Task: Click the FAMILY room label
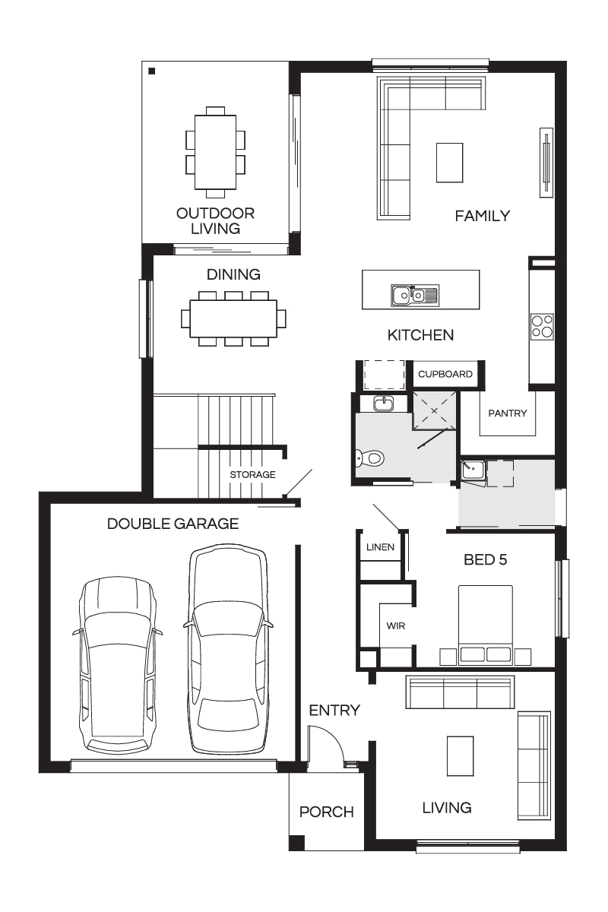pos(482,216)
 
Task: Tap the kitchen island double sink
pos(415,295)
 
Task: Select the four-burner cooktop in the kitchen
pos(542,327)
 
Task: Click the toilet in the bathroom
pos(370,458)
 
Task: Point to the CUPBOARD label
pos(445,374)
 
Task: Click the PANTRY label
pos(508,413)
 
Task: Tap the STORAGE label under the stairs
pos(252,474)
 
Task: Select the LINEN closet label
pos(380,546)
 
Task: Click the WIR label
pos(396,625)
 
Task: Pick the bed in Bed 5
pos(486,625)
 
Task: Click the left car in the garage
pos(119,664)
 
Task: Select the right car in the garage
pos(228,650)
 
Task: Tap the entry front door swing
pos(326,745)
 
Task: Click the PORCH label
pos(327,812)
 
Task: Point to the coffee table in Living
pos(460,756)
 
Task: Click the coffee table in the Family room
pos(450,163)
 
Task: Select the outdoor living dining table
pos(215,152)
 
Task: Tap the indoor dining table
pos(233,318)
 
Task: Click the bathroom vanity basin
pos(384,404)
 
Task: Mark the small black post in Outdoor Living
pos(152,71)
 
